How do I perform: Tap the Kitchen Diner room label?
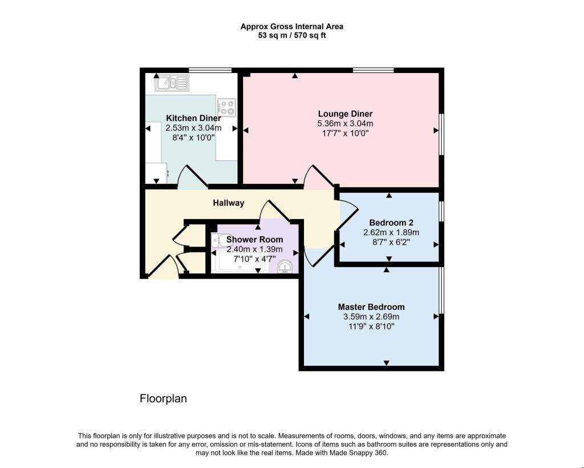coord(193,118)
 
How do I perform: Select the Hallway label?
coord(229,203)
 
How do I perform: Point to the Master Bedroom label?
coord(371,306)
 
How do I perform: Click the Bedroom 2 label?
coord(391,223)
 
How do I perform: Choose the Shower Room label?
coord(254,240)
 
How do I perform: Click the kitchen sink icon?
coord(171,83)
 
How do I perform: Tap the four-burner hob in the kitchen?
coord(226,107)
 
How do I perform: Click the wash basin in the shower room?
coord(286,266)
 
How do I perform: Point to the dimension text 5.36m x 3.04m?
coord(345,123)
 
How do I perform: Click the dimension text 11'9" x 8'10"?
coord(371,326)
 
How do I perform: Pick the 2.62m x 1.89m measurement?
coord(391,232)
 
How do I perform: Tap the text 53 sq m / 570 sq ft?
coord(291,35)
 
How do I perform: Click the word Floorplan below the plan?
coord(163,398)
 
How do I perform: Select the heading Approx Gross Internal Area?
coord(291,26)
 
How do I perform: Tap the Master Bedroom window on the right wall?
coord(440,291)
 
